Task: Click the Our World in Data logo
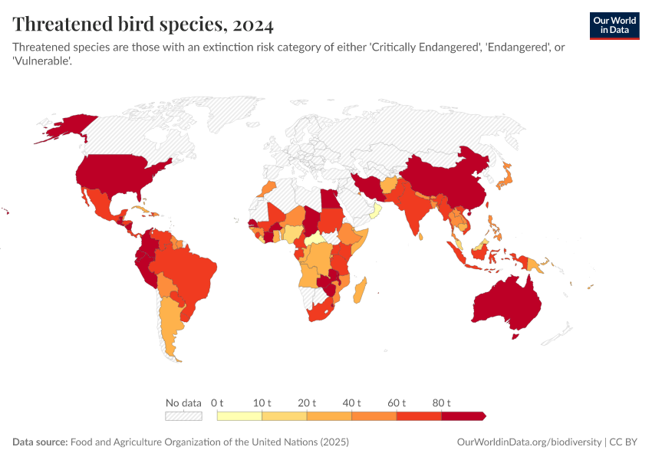click(x=614, y=25)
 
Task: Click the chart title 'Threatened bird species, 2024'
click(x=143, y=25)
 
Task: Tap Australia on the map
click(x=506, y=303)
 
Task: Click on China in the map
click(x=445, y=184)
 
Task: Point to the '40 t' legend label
click(x=351, y=402)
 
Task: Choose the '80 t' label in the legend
click(x=441, y=402)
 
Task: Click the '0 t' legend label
click(x=217, y=402)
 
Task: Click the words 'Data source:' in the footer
click(x=40, y=442)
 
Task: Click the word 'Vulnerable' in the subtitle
click(x=42, y=61)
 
